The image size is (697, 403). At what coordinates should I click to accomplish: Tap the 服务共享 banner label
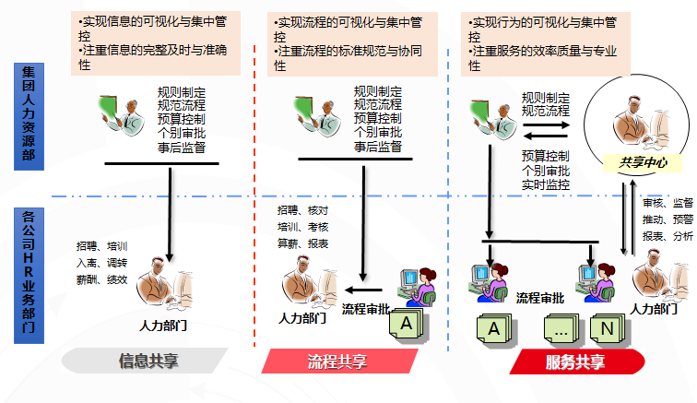tap(575, 362)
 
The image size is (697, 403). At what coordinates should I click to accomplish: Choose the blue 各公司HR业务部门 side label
tap(29, 276)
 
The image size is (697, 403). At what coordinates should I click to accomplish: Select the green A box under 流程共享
tap(404, 324)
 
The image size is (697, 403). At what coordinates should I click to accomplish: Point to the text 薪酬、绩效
tap(101, 279)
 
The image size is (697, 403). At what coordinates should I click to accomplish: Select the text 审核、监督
tap(667, 203)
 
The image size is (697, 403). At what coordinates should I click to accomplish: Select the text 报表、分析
tap(667, 236)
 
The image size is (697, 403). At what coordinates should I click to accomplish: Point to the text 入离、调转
tap(101, 263)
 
